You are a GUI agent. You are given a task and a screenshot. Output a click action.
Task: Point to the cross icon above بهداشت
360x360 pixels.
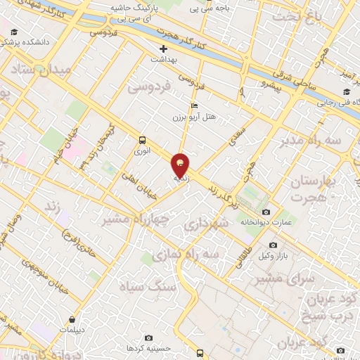(164, 49)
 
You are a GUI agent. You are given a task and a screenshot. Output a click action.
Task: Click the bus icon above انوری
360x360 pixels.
(142, 139)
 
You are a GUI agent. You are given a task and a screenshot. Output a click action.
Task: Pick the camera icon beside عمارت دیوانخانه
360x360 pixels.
(266, 212)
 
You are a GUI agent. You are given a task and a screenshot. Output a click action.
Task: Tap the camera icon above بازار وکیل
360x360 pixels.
(273, 245)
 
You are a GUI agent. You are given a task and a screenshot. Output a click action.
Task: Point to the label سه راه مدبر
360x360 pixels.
(308, 141)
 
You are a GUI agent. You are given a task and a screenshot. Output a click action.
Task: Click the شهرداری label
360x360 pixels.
(206, 225)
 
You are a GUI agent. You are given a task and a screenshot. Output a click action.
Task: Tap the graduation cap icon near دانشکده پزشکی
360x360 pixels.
(14, 32)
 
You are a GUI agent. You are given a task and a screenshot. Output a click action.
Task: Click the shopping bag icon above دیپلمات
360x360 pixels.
(72, 319)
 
